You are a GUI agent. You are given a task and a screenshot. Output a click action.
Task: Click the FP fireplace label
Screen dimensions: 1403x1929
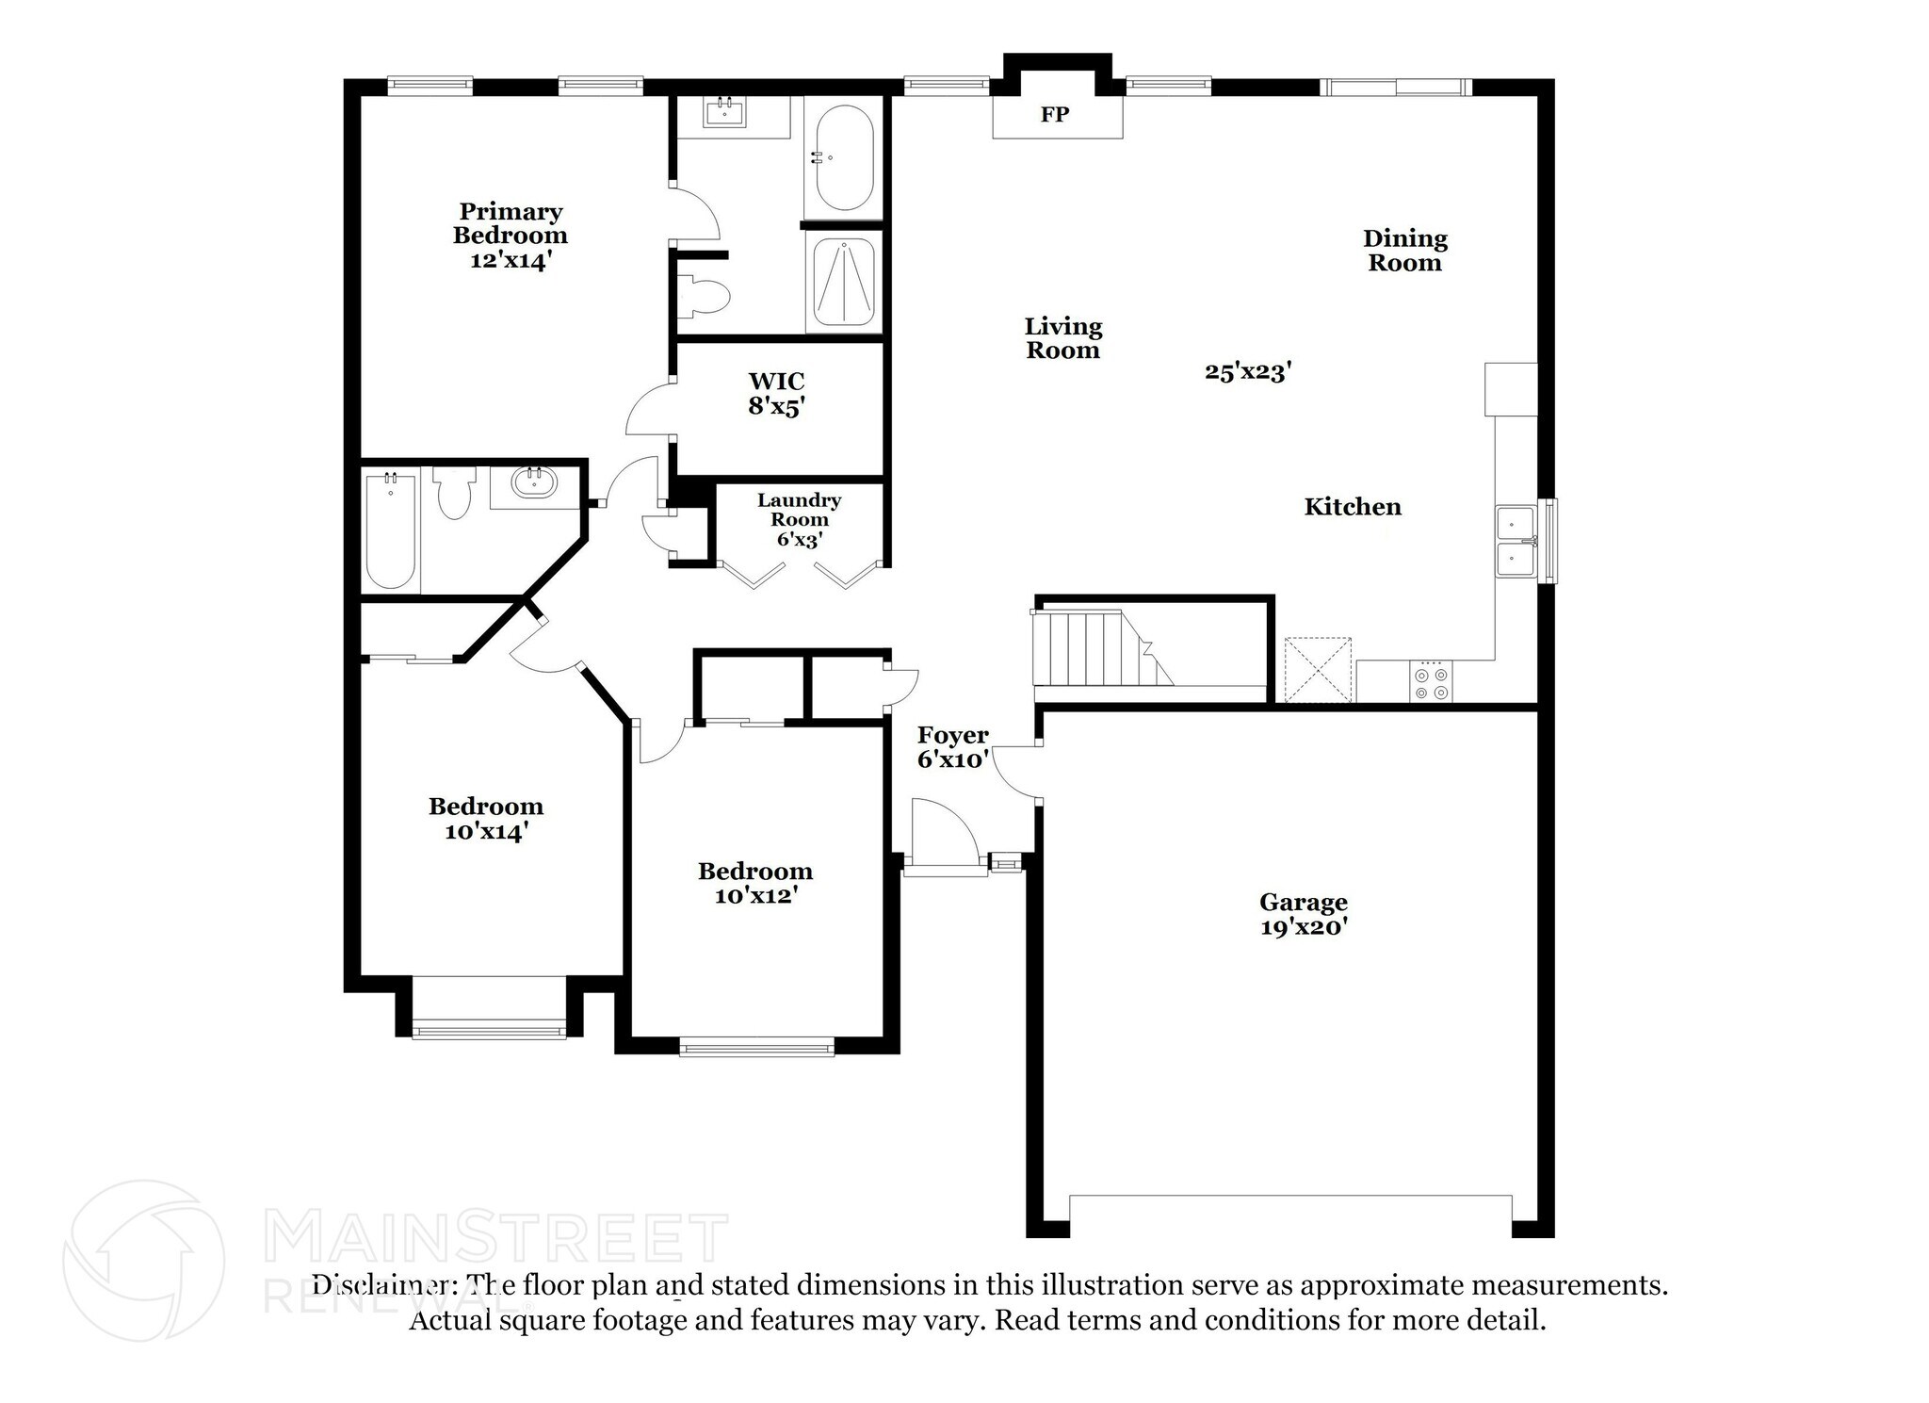1054,115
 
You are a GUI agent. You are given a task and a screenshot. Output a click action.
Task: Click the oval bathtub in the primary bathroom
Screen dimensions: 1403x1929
844,157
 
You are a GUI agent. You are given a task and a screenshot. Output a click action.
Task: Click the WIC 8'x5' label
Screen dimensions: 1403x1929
776,394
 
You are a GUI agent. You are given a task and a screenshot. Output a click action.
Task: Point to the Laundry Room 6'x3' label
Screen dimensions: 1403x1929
799,519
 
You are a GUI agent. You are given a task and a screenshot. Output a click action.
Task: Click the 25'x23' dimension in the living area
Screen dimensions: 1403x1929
1247,372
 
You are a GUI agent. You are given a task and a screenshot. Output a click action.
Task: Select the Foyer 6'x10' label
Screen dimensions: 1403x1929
952,747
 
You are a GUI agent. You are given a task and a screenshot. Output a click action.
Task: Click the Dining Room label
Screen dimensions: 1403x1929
1404,251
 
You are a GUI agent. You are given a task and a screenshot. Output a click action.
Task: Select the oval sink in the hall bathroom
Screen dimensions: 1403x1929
534,482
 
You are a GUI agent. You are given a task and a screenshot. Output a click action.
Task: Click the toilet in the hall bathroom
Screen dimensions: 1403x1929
455,494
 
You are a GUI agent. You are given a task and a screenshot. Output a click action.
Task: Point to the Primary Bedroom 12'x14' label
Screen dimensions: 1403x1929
510,236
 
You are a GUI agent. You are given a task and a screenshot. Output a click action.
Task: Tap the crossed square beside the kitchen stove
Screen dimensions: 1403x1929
1319,670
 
